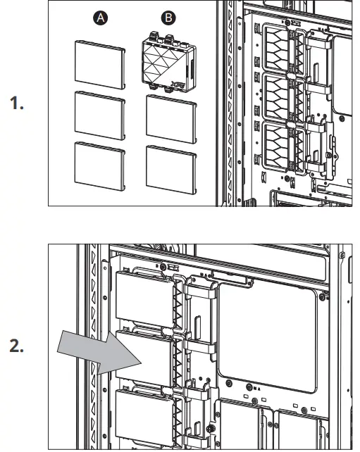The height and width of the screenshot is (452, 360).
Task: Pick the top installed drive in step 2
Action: tap(144, 299)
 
